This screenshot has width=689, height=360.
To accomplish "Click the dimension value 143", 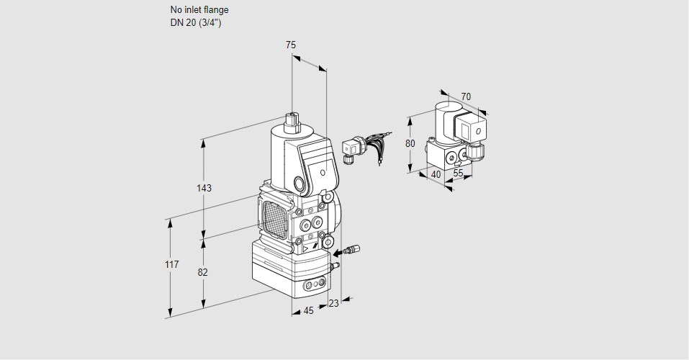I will click(204, 189).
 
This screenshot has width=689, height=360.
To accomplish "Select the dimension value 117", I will click(171, 265).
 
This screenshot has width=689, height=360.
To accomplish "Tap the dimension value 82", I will click(203, 272).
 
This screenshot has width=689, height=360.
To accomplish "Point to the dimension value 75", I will click(291, 45).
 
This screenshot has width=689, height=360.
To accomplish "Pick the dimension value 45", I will click(308, 311).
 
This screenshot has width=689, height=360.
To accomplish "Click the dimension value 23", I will click(333, 303).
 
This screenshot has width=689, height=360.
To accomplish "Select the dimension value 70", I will click(466, 96).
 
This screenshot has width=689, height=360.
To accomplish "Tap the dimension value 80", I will click(410, 143).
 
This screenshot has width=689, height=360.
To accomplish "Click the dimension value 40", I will click(436, 174).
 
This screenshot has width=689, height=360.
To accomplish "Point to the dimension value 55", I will click(459, 174).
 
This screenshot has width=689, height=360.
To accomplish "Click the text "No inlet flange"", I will click(199, 10).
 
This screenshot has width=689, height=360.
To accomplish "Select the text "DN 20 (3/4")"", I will click(195, 22).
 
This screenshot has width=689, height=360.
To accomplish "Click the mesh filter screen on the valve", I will click(274, 217).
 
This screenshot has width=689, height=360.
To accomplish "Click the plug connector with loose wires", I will click(352, 147).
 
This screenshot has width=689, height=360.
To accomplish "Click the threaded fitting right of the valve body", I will click(348, 251).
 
